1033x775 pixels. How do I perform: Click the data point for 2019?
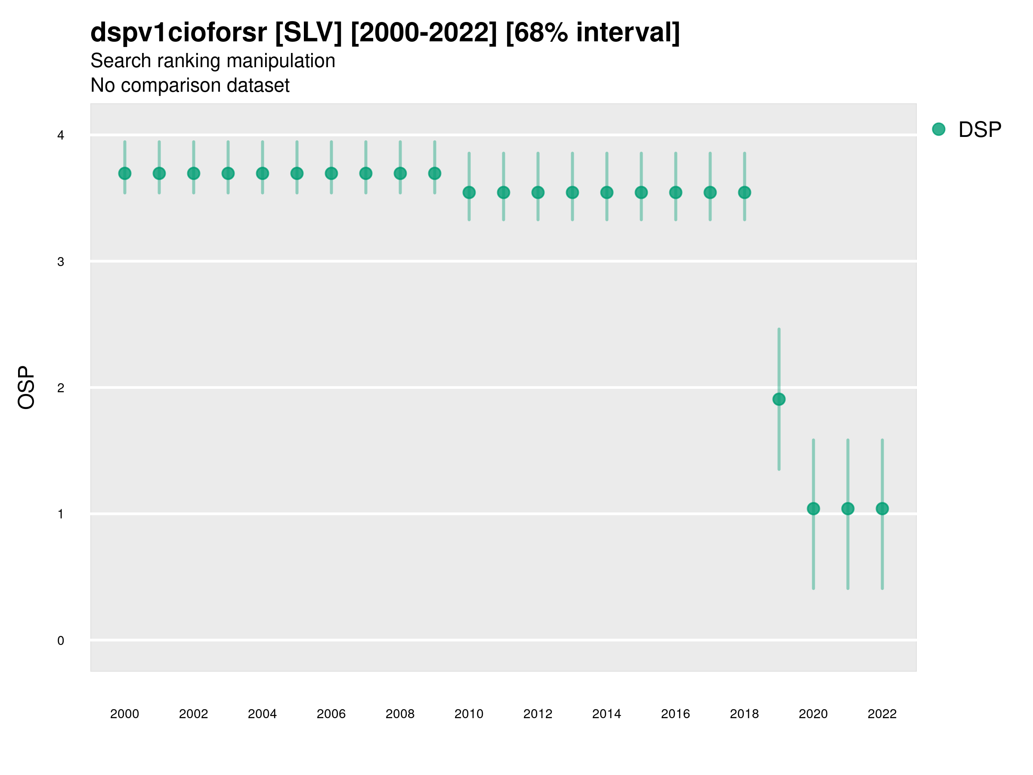pos(779,400)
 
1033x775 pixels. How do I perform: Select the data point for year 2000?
pos(125,174)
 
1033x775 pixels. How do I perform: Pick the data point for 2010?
pos(469,192)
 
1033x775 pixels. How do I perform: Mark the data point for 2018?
pos(744,192)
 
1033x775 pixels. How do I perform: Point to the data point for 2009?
pos(435,174)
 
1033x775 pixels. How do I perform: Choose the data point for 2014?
pos(606,192)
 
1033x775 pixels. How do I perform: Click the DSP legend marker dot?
pos(939,130)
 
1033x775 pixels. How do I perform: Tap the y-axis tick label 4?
pos(61,136)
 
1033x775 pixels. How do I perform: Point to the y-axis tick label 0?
pos(61,641)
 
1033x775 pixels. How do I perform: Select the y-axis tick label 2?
pos(61,388)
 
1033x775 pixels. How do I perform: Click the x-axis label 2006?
pos(331,714)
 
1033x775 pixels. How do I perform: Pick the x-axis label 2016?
pos(675,714)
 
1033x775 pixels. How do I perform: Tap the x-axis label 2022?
pos(882,714)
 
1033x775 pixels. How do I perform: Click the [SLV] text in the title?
pos(308,33)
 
